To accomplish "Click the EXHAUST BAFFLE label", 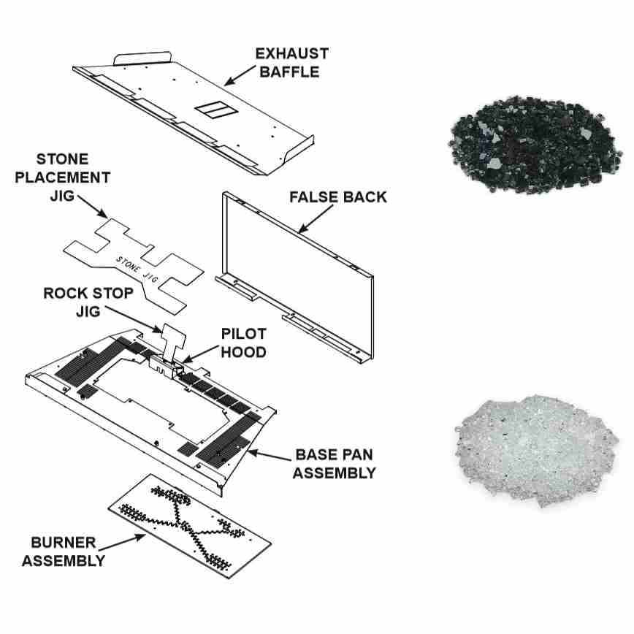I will [x=291, y=63].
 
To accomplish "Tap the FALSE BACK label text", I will [x=338, y=197].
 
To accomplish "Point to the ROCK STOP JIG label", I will [x=88, y=302].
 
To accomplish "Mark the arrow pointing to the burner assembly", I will [x=121, y=543].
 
